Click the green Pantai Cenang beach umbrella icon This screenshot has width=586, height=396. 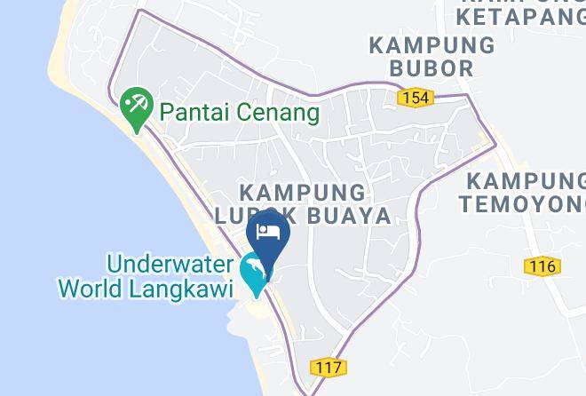coord(137,108)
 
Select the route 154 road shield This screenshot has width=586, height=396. coord(416,97)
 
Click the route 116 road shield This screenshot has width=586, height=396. coord(541,265)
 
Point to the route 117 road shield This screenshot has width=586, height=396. coord(329,367)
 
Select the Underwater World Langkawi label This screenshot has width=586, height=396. coord(146,276)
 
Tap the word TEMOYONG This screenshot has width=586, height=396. coord(522,203)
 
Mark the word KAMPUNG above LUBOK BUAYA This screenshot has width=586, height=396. coord(302,192)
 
